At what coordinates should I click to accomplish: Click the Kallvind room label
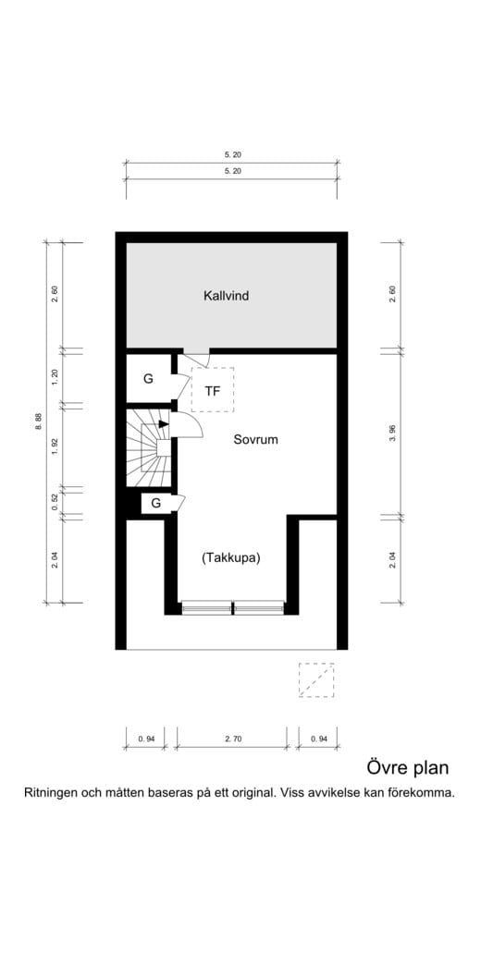227,297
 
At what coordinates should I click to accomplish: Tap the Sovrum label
255,440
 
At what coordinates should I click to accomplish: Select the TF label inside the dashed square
213,391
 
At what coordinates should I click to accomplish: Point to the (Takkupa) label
230,558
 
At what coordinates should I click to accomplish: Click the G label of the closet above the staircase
148,379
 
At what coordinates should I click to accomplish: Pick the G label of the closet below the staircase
155,504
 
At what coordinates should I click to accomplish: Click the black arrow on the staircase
163,424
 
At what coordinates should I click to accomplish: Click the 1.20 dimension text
55,376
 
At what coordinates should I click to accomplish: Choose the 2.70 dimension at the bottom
231,739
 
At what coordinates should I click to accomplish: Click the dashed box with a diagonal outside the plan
314,680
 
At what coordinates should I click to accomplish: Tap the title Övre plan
407,768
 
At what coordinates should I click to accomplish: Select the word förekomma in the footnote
421,792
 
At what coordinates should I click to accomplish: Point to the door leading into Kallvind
196,358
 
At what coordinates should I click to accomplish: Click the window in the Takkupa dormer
232,607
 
